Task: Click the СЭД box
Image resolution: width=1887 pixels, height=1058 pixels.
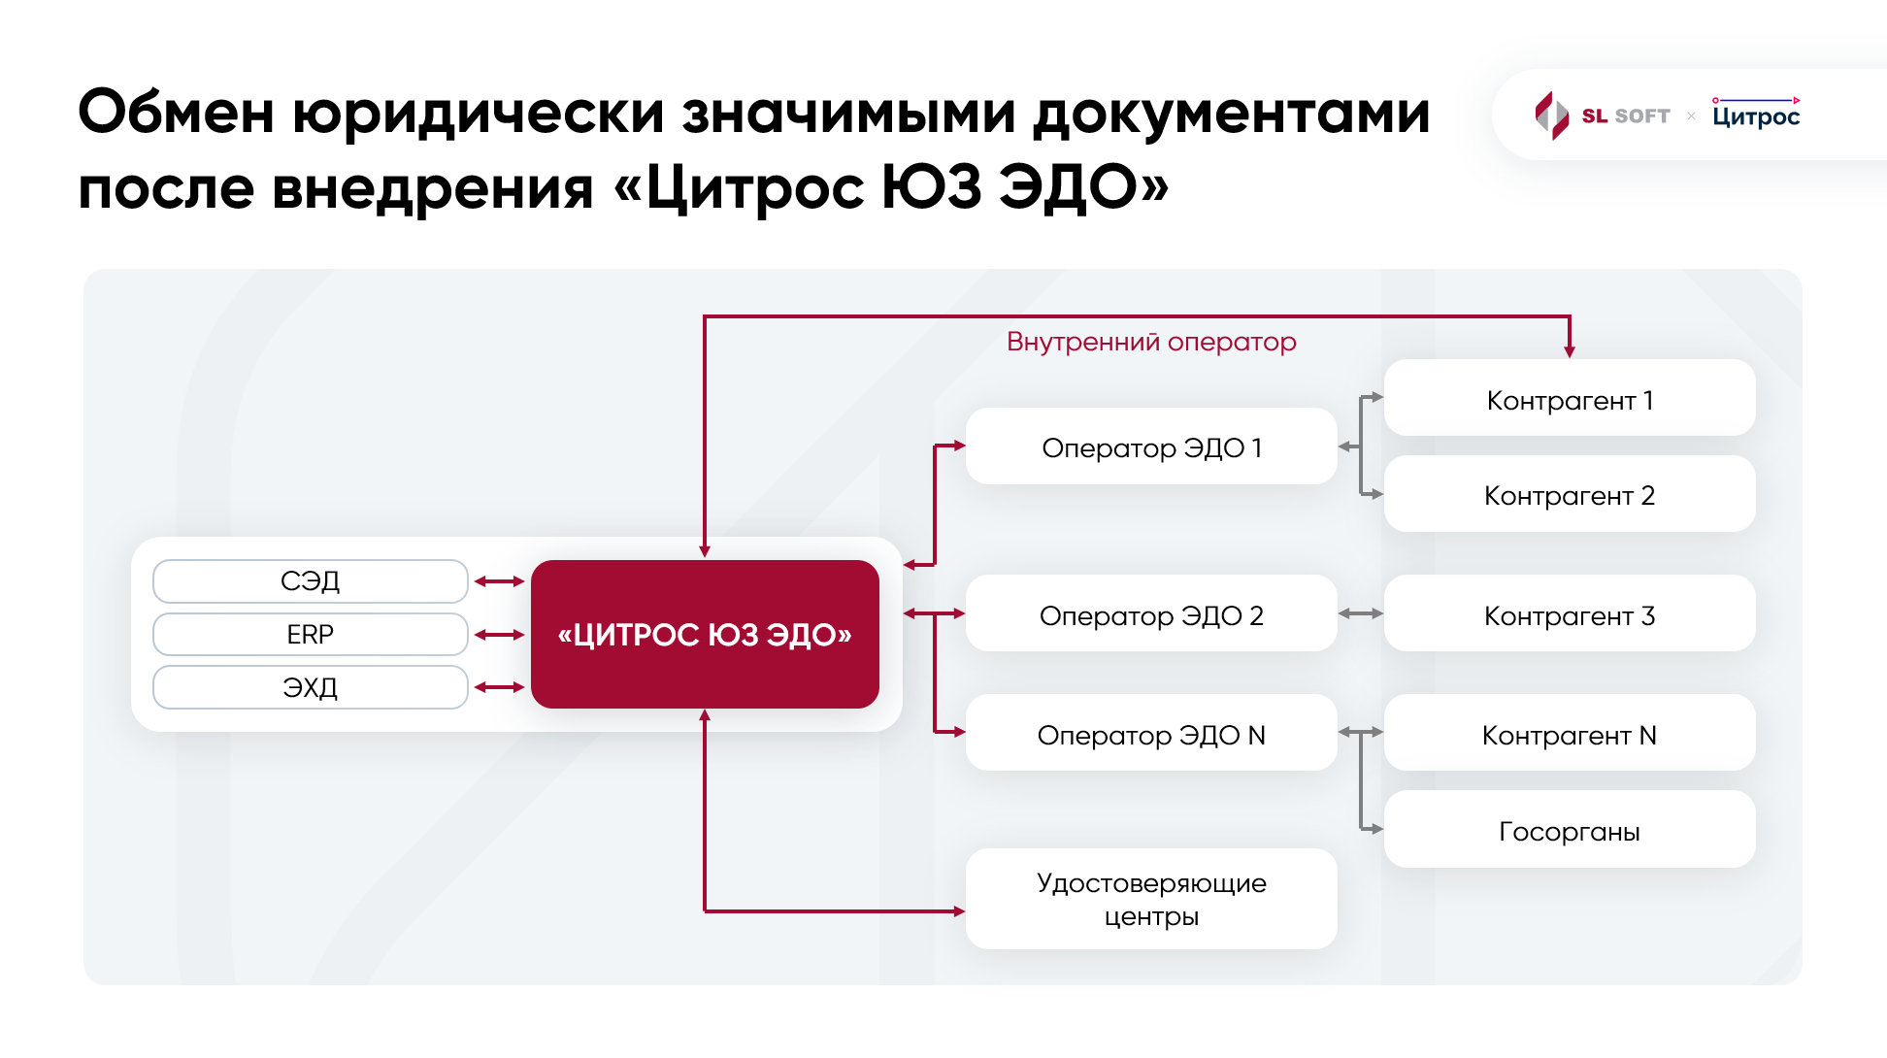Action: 311,581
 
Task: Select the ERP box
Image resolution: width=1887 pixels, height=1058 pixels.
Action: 311,635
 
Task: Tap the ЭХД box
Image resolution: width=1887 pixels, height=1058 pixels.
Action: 311,687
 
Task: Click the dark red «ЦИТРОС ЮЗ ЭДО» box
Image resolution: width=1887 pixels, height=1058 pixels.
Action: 705,635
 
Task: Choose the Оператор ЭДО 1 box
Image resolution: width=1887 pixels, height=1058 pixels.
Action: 1151,447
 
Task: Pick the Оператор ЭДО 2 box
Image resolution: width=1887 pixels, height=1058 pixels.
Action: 1151,615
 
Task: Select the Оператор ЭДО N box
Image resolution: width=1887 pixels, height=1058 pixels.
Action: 1151,735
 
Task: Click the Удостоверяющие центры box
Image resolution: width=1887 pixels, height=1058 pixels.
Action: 1151,899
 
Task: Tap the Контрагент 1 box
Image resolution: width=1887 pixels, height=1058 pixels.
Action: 1570,400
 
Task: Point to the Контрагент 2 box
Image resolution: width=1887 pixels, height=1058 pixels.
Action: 1570,495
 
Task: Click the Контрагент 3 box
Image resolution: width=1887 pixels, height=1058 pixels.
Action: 1570,615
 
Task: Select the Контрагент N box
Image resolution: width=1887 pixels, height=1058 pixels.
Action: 1570,735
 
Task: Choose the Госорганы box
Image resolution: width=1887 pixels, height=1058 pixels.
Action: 1570,831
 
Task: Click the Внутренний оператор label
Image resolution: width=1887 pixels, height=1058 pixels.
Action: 1151,342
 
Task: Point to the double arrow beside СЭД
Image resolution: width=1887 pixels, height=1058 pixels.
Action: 500,581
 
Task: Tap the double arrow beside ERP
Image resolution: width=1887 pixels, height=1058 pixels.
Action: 500,635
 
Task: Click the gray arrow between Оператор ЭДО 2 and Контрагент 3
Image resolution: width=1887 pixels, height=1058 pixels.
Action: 1361,613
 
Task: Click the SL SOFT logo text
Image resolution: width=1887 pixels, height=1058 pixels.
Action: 1626,116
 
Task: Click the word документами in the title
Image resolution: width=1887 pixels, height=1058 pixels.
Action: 1231,114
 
